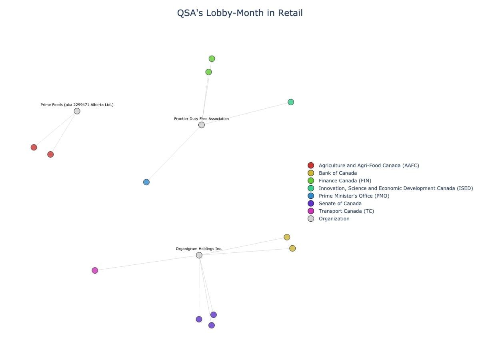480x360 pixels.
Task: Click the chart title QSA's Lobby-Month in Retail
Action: [240, 13]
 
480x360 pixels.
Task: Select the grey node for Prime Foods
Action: [77, 111]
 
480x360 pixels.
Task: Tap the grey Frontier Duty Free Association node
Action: [202, 125]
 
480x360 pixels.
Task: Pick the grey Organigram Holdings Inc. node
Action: [199, 255]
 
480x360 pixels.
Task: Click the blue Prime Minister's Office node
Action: [146, 182]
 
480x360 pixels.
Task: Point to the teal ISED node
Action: [291, 102]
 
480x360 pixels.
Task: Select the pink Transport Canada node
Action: [95, 270]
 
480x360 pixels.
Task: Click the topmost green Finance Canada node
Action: [212, 59]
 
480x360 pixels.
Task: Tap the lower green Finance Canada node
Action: [208, 72]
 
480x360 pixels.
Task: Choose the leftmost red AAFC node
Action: [34, 147]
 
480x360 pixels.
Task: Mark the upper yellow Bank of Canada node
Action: [287, 237]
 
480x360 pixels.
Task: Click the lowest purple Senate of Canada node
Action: [212, 325]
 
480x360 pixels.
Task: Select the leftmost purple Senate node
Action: [199, 319]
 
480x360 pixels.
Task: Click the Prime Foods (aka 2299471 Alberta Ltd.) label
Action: [77, 105]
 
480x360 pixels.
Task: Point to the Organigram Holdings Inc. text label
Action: [199, 249]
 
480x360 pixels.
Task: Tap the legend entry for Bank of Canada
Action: [338, 173]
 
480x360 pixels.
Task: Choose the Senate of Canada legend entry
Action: [340, 204]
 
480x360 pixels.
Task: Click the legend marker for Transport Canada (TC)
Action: [311, 211]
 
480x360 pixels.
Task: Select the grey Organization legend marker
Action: [311, 219]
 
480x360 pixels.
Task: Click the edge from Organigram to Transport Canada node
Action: [147, 263]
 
